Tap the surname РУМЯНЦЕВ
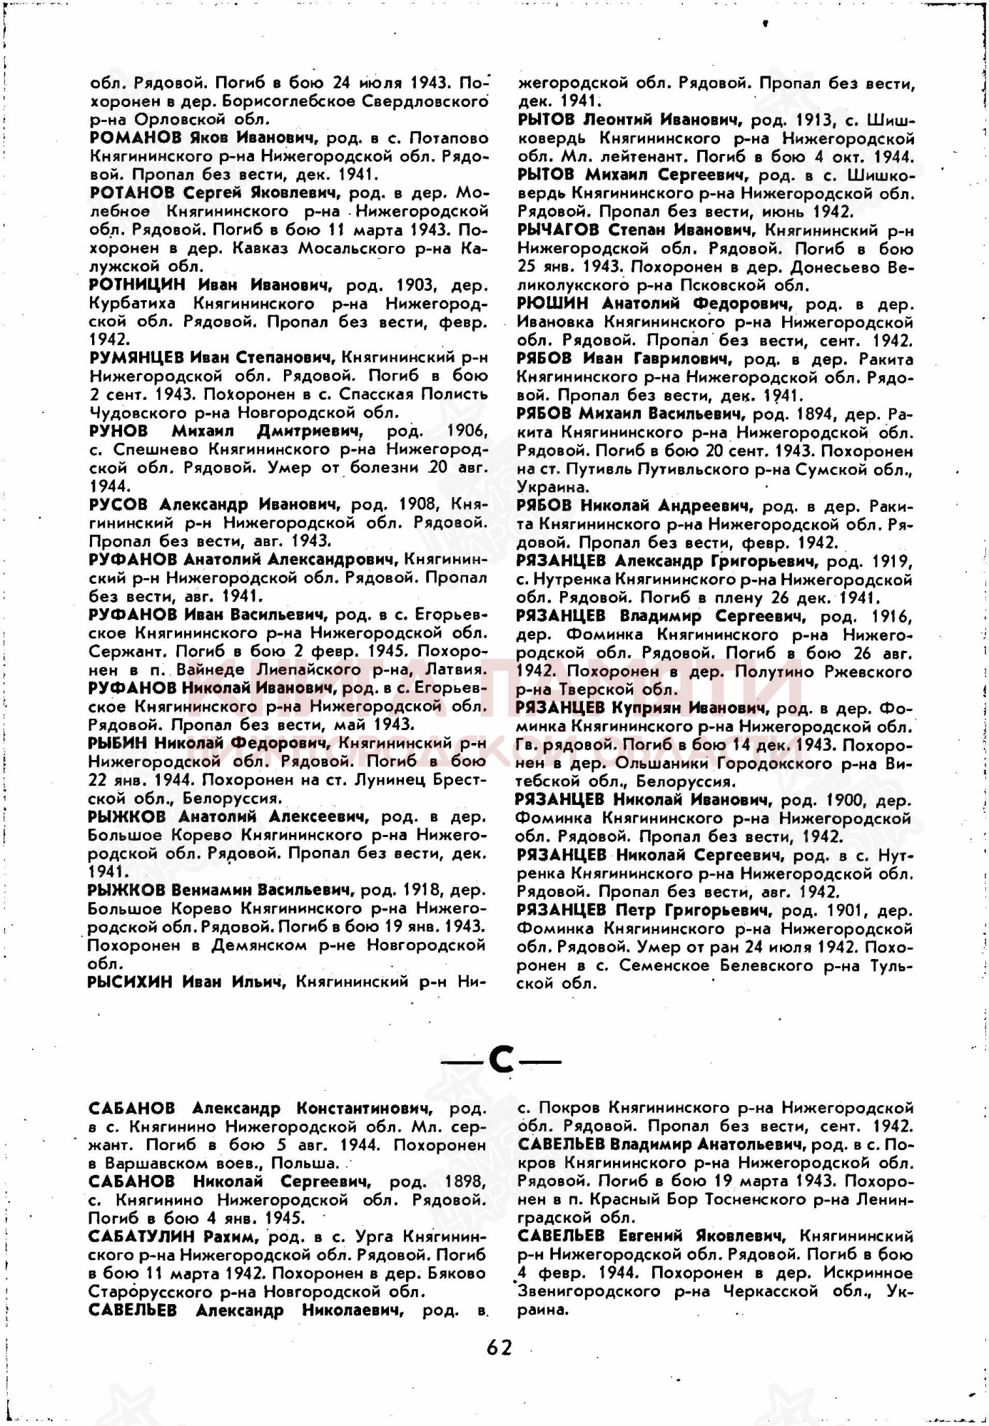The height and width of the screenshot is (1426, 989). click(136, 357)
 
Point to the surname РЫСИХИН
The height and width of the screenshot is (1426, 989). click(130, 983)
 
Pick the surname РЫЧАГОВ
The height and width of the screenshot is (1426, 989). click(558, 230)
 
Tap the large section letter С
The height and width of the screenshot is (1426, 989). click(502, 1062)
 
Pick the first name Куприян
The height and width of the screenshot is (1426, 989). click(647, 708)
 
